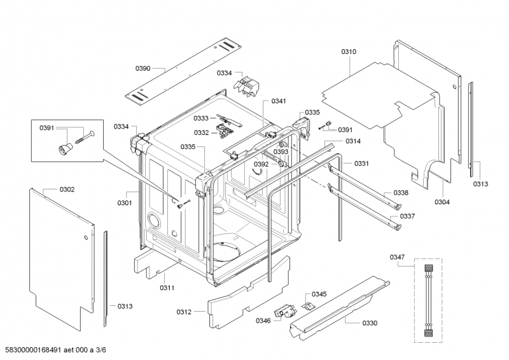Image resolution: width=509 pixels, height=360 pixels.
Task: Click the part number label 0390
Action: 143,68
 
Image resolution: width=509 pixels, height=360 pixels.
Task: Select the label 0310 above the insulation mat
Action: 349,52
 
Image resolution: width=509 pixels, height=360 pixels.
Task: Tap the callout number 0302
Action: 67,189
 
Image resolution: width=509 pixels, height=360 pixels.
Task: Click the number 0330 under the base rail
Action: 370,323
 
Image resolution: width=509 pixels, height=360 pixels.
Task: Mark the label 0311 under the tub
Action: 167,287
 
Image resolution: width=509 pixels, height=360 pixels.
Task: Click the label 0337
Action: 407,216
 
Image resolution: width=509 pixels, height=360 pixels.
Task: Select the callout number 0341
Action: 279,101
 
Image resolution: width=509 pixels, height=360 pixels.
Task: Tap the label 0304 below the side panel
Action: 442,202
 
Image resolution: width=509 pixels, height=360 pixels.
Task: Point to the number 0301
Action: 124,203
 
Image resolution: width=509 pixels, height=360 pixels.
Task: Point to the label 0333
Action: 201,118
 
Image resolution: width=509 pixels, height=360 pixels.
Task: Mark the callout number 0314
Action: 353,141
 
